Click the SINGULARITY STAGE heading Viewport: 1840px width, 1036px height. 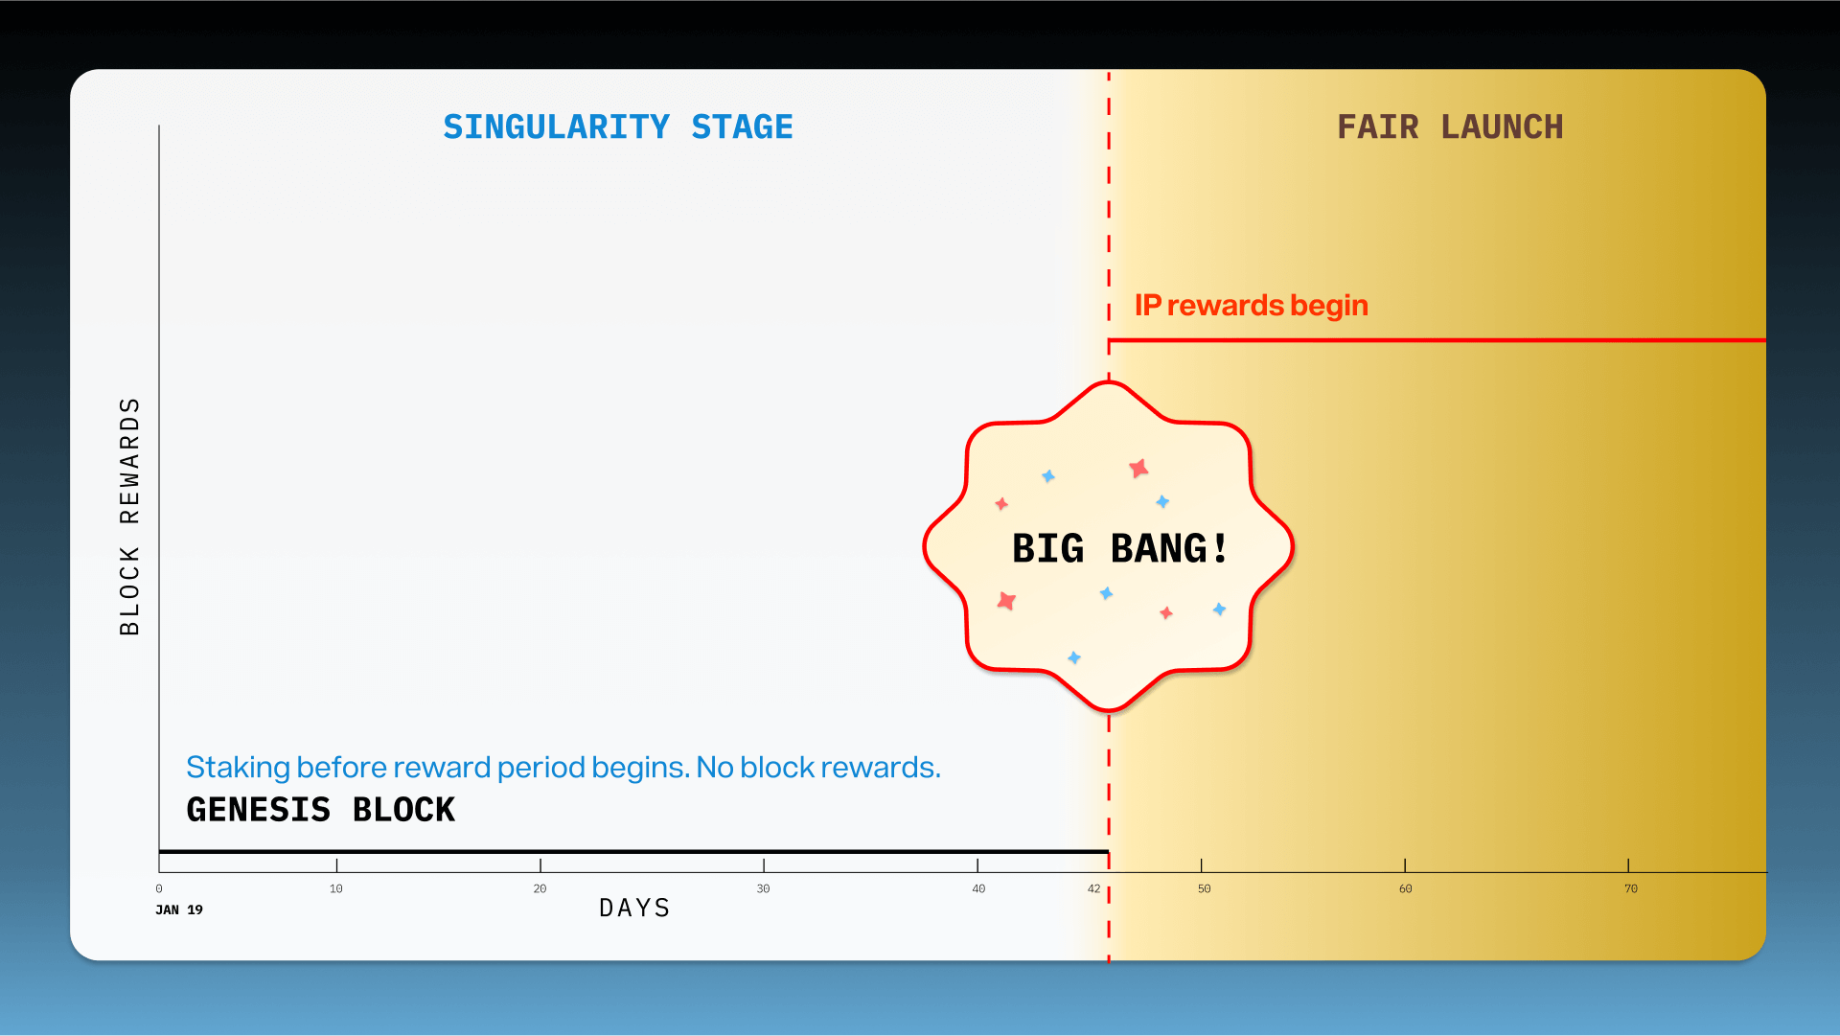pyautogui.click(x=618, y=127)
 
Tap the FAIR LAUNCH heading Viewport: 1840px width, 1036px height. pyautogui.click(x=1450, y=127)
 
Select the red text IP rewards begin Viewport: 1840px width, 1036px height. pyautogui.click(x=1252, y=306)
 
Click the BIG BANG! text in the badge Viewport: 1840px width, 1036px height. pyautogui.click(x=1119, y=549)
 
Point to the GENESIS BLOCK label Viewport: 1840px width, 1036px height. pyautogui.click(x=320, y=810)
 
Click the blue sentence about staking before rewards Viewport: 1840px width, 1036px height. pyautogui.click(x=563, y=768)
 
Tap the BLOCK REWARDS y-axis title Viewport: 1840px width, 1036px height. pyautogui.click(x=129, y=517)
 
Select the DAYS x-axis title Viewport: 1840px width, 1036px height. pyautogui.click(x=634, y=908)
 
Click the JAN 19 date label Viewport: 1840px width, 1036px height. pyautogui.click(x=179, y=909)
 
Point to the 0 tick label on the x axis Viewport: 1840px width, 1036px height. pyautogui.click(x=159, y=888)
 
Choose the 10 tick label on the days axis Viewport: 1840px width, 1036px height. pyautogui.click(x=336, y=888)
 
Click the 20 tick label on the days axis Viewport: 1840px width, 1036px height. pyautogui.click(x=540, y=888)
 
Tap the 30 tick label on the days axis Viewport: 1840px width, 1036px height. pyautogui.click(x=764, y=888)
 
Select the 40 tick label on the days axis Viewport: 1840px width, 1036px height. pyautogui.click(x=978, y=888)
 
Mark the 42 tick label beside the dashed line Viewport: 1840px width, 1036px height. pyautogui.click(x=1093, y=888)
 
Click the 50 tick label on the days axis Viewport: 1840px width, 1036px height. pyautogui.click(x=1205, y=888)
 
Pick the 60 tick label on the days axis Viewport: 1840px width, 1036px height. pyautogui.click(x=1406, y=888)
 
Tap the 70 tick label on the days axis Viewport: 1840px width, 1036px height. pyautogui.click(x=1631, y=888)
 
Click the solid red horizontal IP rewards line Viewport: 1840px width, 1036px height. pyautogui.click(x=1437, y=340)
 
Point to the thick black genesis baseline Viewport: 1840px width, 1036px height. pyautogui.click(x=633, y=851)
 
